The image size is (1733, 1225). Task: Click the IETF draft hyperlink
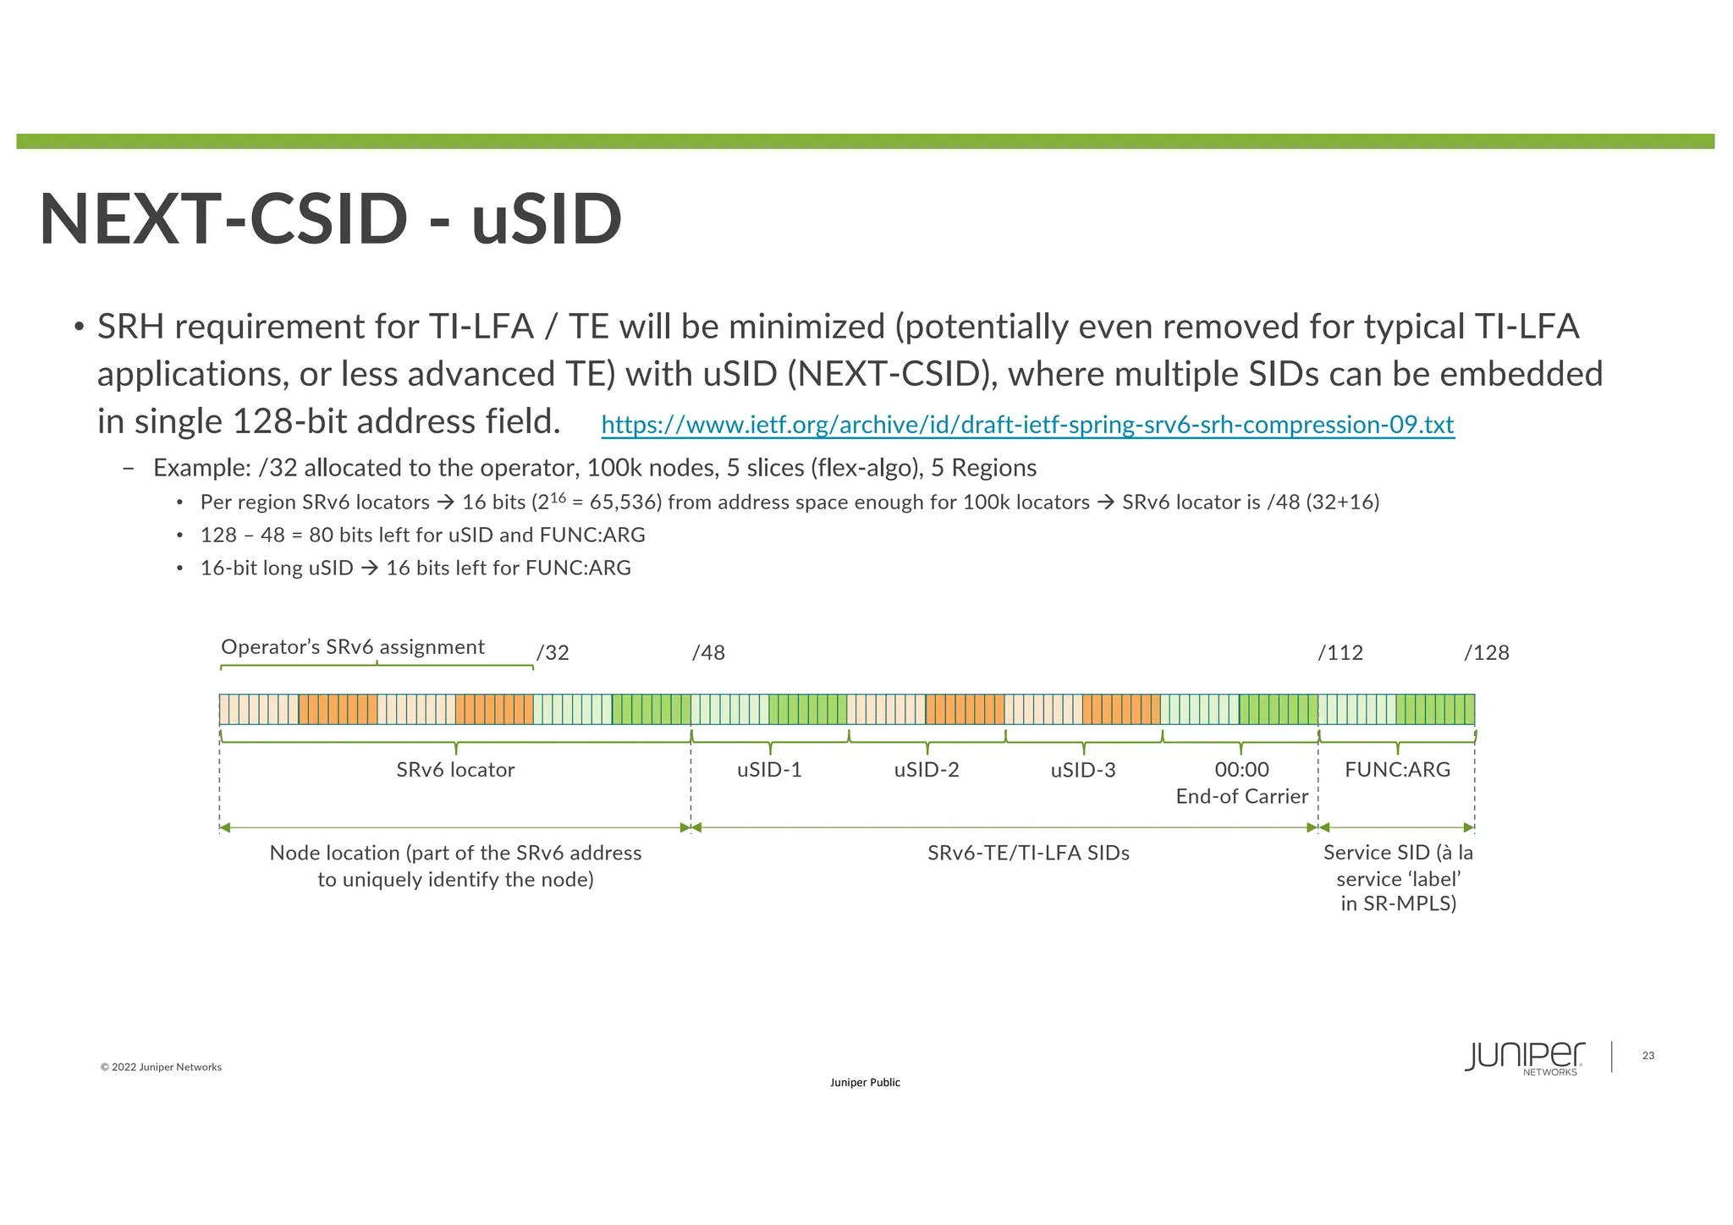1027,425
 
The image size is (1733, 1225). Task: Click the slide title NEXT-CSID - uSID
331,219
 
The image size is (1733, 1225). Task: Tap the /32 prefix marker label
553,653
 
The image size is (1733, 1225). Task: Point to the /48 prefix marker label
708,653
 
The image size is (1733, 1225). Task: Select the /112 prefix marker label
1340,653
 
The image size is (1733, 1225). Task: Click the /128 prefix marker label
1487,653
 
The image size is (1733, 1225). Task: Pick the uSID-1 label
769,770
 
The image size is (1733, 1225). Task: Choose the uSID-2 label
927,770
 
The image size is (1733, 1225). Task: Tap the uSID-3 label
1083,770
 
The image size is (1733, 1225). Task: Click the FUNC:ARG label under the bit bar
1397,770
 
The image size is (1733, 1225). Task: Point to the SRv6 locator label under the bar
455,770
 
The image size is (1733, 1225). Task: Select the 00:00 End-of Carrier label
1241,783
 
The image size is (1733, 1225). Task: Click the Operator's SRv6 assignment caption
353,647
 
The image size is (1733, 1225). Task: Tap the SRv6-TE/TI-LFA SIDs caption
1028,853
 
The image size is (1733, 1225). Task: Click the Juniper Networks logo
1525,1057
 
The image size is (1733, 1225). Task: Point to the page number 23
1648,1056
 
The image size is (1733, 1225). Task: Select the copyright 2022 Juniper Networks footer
161,1068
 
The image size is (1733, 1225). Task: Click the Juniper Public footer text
865,1083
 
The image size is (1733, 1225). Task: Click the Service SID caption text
1398,878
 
